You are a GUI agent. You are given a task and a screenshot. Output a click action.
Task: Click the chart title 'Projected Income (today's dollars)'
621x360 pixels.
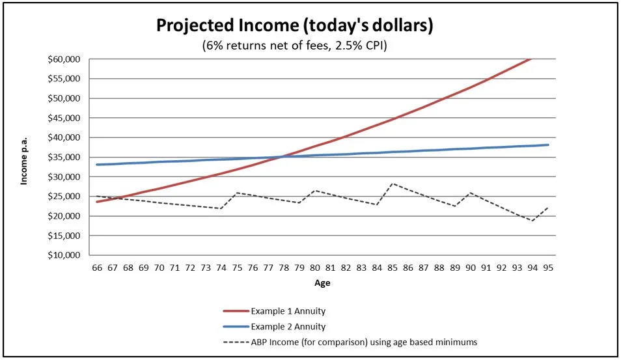[294, 26]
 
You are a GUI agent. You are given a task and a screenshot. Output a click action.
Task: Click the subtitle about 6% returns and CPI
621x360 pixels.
[294, 46]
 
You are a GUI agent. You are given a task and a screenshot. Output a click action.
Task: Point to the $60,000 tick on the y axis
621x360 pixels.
[65, 59]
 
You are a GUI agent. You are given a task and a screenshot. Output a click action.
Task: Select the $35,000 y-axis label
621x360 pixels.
[65, 158]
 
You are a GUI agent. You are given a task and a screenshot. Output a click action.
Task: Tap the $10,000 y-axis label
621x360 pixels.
[65, 255]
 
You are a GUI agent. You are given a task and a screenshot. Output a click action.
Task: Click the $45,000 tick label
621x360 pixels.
[65, 118]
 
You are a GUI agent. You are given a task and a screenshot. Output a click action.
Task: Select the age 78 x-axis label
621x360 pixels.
[284, 268]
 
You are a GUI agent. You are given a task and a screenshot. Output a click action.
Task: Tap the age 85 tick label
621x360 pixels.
[393, 268]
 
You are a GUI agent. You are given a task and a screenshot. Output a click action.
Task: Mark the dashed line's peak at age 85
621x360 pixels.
[393, 184]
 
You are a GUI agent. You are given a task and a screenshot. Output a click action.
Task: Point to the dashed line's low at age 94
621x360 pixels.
[533, 221]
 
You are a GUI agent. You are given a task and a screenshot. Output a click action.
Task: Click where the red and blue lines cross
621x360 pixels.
[281, 156]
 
